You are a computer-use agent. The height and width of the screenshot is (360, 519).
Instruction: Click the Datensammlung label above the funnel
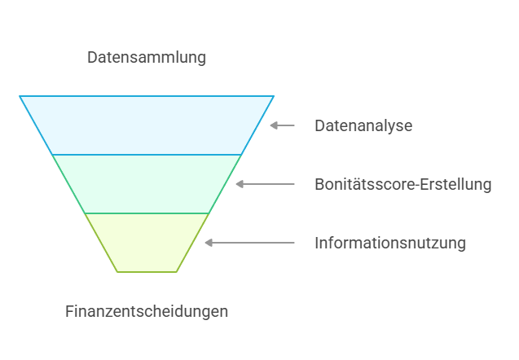coord(147,58)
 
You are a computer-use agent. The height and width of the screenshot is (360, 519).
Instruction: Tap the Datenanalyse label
coord(363,126)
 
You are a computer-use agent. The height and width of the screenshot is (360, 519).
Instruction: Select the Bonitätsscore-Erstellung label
coord(403,184)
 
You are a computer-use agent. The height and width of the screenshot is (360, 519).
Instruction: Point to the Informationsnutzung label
coord(390,243)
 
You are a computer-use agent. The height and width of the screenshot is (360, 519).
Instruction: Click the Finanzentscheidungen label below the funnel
coord(147,311)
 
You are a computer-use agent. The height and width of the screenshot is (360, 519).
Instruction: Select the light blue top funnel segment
coord(147,125)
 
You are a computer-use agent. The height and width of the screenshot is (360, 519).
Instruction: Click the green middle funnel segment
coord(147,184)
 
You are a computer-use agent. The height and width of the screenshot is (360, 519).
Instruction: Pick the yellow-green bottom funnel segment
coord(147,243)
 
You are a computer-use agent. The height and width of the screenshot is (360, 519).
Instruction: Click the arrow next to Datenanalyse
coord(283,125)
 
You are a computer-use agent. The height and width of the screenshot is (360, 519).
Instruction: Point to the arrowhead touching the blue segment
coord(273,125)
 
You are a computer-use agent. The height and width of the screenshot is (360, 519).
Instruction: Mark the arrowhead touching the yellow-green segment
coord(208,243)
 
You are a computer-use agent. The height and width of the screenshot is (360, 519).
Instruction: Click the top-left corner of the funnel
coord(20,96)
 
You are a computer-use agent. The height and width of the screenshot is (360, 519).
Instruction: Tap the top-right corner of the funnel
coord(274,96)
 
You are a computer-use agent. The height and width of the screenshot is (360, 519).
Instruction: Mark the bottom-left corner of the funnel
coord(117,271)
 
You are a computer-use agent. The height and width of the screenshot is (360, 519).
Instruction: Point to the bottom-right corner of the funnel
coord(177,271)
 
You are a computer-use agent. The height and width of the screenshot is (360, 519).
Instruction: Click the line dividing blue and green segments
coord(147,155)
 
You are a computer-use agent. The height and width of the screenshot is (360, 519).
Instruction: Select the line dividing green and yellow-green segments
coord(147,213)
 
